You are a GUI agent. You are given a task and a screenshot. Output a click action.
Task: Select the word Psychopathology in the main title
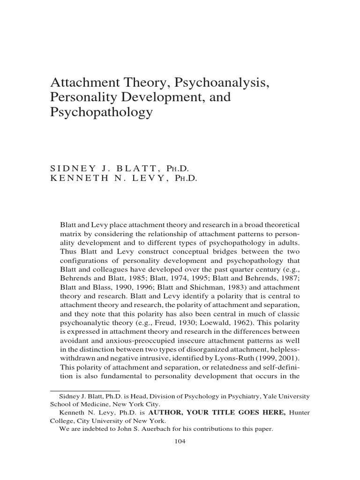pyautogui.click(x=102, y=113)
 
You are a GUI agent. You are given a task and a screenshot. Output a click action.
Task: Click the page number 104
pyautogui.click(x=180, y=441)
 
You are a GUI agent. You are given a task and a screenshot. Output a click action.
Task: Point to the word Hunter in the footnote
pyautogui.click(x=299, y=412)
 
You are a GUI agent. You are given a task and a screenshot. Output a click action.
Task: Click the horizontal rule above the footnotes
pyautogui.click(x=85, y=390)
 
